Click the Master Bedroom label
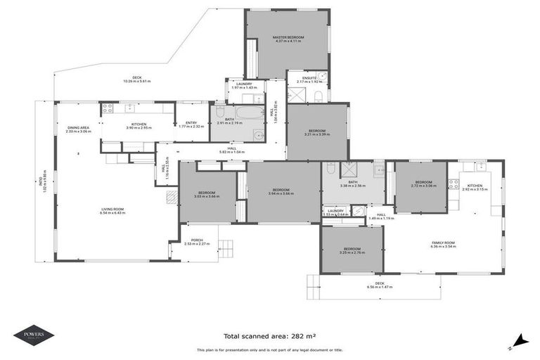[287, 39]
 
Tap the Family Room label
[444, 245]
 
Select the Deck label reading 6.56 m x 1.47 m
[380, 285]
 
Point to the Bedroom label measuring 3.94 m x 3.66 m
[281, 191]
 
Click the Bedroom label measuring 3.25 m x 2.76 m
[352, 250]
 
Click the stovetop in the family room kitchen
[454, 184]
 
